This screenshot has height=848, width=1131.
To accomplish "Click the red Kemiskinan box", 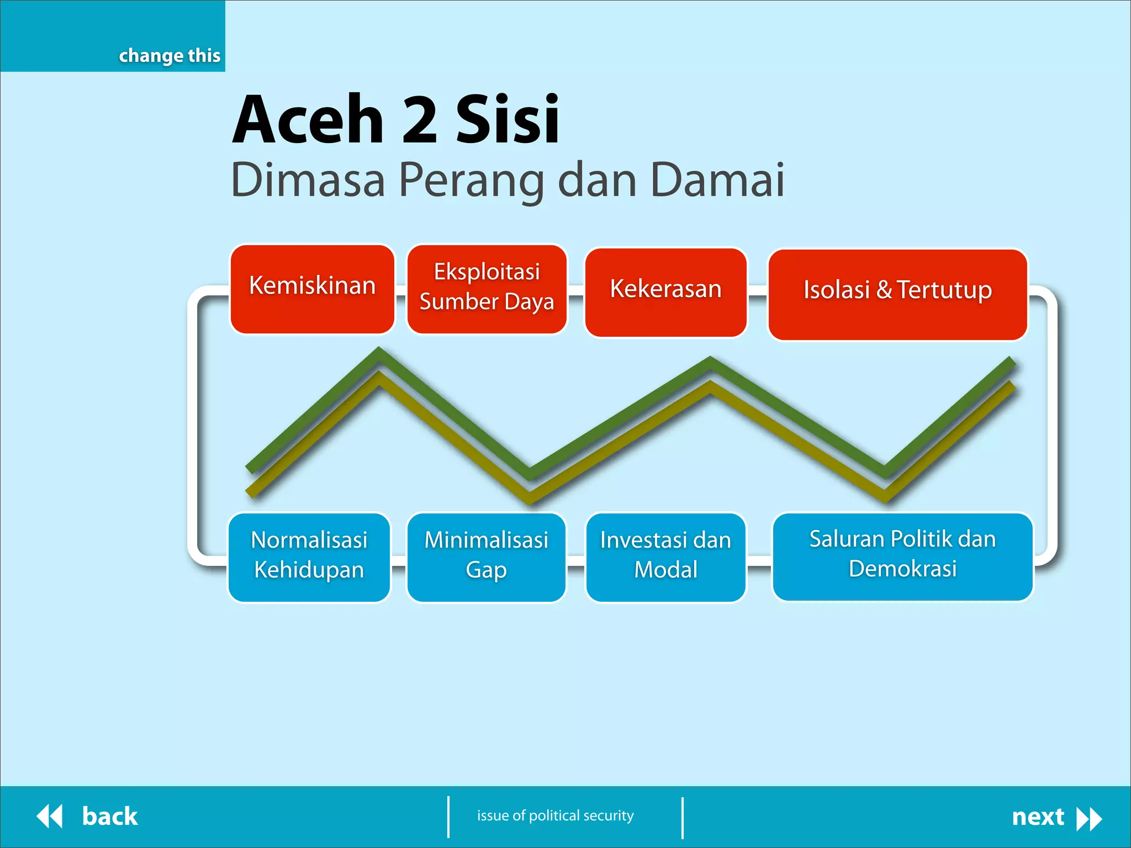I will (x=312, y=289).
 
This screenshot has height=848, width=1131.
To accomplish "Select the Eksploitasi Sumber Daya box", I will (x=487, y=289).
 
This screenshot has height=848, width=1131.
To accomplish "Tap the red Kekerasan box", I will (x=665, y=291).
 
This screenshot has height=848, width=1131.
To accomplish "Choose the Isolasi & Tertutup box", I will (x=897, y=294).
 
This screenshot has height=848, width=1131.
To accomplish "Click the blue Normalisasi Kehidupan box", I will (x=309, y=556).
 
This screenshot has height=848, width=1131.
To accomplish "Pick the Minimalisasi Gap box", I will (x=486, y=556).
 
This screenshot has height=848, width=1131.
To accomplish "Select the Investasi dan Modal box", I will (x=665, y=556).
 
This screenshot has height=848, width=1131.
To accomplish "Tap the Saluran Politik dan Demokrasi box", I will (x=902, y=555).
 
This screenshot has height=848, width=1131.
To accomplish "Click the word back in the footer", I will (x=109, y=817).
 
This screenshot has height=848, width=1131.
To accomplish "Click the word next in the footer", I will (x=1037, y=817).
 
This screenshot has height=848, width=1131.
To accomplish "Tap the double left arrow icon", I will (x=50, y=817).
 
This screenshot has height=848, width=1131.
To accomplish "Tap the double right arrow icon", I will (x=1089, y=819).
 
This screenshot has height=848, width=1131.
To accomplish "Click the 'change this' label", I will (x=170, y=56).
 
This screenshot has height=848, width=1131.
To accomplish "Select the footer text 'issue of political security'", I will (x=555, y=815).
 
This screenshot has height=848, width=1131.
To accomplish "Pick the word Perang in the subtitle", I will (x=471, y=181).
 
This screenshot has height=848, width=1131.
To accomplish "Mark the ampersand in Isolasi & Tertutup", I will (x=884, y=290).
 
